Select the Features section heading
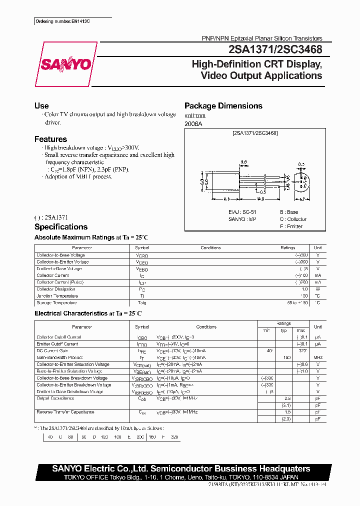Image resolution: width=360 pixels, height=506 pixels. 50,139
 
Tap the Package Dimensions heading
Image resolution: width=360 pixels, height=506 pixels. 223,106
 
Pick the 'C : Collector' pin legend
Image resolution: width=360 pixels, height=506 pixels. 293,219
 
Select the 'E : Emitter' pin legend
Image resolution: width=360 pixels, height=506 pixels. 291,226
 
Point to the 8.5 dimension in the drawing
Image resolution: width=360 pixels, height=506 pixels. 226,198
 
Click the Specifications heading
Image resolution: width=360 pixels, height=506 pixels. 60,227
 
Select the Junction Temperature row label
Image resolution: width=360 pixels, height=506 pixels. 57,296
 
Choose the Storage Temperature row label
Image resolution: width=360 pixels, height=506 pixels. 57,303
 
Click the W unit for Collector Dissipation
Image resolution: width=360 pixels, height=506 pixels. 317,289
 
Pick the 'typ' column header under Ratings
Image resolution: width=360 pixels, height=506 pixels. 283,330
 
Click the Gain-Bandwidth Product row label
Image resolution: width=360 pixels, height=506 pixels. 59,357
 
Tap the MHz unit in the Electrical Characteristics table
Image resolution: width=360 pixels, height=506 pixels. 317,357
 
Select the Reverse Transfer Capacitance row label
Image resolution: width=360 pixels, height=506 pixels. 65,412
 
